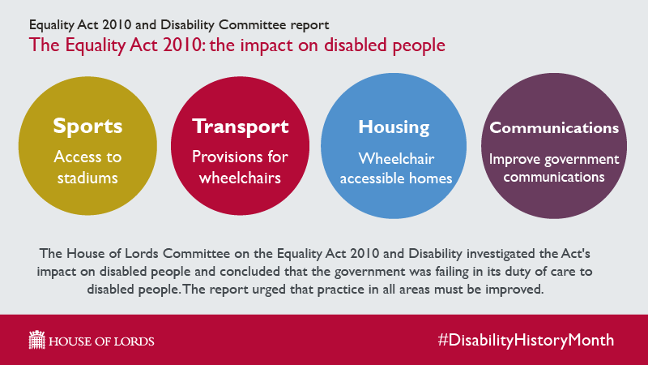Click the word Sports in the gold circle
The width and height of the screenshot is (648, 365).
[x=87, y=127]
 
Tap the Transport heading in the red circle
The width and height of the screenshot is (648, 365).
[x=240, y=127]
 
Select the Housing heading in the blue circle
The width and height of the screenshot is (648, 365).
[x=394, y=127]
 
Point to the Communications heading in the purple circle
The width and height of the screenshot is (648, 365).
[x=554, y=128]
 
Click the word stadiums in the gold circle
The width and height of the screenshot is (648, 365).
[x=87, y=178]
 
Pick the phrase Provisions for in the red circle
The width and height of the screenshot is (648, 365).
[x=240, y=157]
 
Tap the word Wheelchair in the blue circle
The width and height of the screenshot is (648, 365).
[x=396, y=158]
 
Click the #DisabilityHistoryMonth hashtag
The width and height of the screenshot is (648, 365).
[x=526, y=340]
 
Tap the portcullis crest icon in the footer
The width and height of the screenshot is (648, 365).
[x=36, y=340]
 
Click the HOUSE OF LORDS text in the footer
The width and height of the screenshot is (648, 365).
[x=101, y=341]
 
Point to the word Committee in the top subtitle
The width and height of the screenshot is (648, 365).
[x=253, y=25]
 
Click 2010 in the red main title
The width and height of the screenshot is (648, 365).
[x=182, y=45]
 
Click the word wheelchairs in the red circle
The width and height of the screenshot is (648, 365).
[x=240, y=178]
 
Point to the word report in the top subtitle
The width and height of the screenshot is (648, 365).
[x=309, y=26]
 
